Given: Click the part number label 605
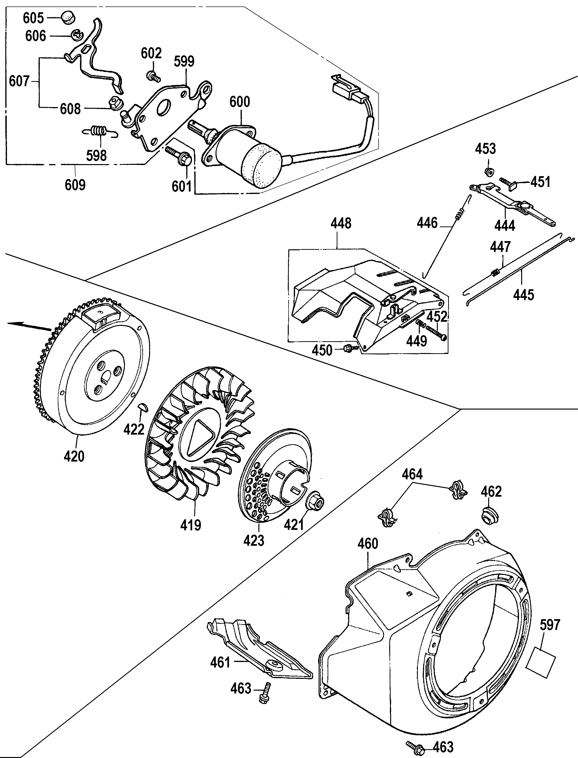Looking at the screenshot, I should (33, 18).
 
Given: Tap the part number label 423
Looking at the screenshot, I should (254, 541).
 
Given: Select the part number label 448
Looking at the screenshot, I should (341, 224).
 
